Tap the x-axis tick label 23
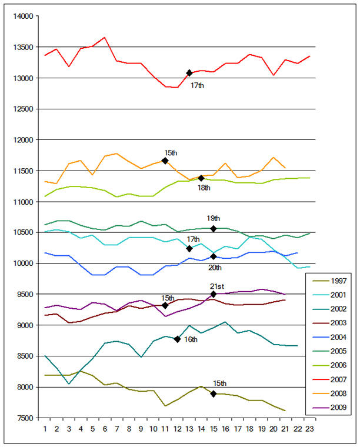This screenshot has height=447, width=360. coord(309,429)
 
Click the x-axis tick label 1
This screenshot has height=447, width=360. coord(45,429)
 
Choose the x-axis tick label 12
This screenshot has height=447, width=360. coord(177,429)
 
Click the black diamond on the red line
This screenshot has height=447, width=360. coord(189,73)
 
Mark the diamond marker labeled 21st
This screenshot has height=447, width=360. coord(214,294)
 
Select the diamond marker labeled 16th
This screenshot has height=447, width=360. coord(177,339)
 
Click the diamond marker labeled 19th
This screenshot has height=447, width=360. coord(214,228)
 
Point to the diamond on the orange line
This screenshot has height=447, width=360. coord(165,161)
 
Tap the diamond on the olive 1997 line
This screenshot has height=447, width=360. coord(214,393)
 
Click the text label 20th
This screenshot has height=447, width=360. coord(215,268)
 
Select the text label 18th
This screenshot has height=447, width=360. coord(204,188)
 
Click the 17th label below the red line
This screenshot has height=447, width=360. coord(197,85)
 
